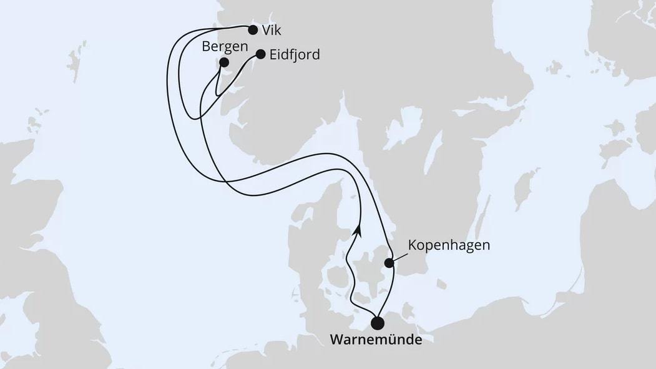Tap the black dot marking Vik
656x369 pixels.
(x=253, y=29)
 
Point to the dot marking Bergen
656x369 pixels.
(x=224, y=62)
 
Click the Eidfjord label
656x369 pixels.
(x=295, y=55)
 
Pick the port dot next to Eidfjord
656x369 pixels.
(x=261, y=54)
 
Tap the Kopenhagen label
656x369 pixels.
(x=449, y=245)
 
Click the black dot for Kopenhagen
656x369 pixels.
(x=389, y=263)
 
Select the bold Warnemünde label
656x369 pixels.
(x=376, y=340)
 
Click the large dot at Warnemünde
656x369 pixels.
(x=378, y=323)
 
